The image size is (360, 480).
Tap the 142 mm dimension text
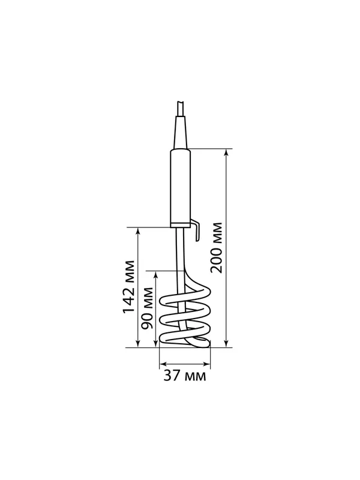click(x=128, y=287)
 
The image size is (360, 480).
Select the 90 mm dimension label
click(x=148, y=308)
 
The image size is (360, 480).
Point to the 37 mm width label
click(x=185, y=376)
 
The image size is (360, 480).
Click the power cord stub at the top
click(x=181, y=109)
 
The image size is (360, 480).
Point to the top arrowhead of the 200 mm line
click(x=226, y=152)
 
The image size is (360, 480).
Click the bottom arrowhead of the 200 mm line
click(x=226, y=344)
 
